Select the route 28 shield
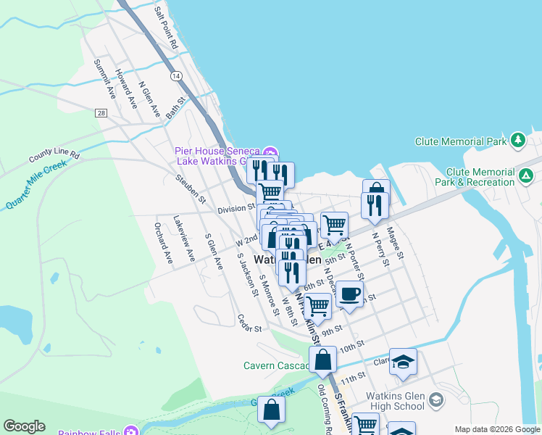(101, 112)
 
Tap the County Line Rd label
(54, 157)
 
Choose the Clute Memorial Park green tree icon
(517, 141)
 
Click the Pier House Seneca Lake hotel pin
(270, 152)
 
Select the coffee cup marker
(349, 293)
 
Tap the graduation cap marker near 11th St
(403, 361)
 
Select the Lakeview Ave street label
(184, 237)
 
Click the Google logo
(24, 426)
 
